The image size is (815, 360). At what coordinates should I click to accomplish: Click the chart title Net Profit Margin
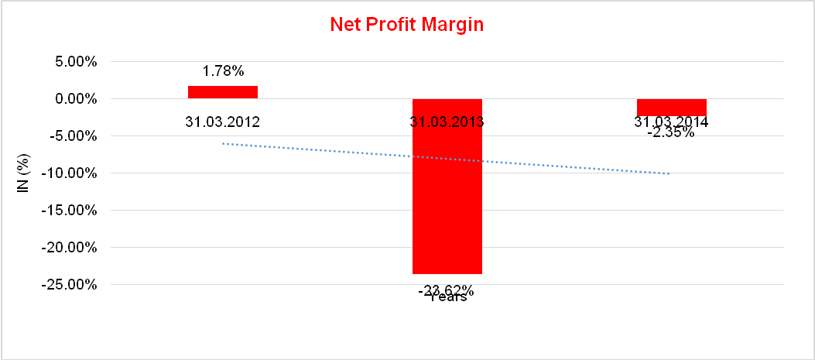pos(406,25)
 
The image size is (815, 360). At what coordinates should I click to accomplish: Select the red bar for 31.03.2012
pos(223,92)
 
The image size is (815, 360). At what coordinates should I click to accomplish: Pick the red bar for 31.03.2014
pos(672,107)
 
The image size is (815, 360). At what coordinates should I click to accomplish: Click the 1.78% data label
pos(223,72)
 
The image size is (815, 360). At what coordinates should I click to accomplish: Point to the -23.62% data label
pos(447,290)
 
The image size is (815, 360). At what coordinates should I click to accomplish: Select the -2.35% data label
pos(671,132)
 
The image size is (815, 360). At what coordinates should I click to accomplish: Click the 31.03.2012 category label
pos(223,122)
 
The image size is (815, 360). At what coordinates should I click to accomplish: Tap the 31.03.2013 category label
pos(447,122)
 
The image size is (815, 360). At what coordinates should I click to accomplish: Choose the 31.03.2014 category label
pos(672,122)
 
